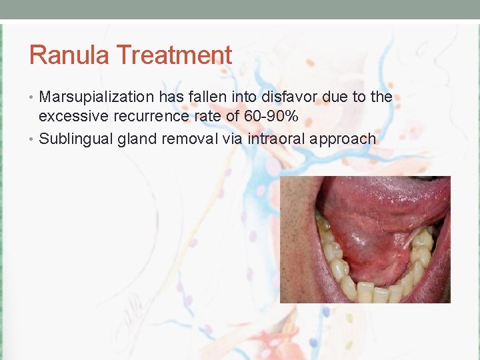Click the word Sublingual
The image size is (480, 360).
75,139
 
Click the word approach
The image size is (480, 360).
345,139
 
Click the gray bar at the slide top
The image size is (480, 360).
240,9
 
